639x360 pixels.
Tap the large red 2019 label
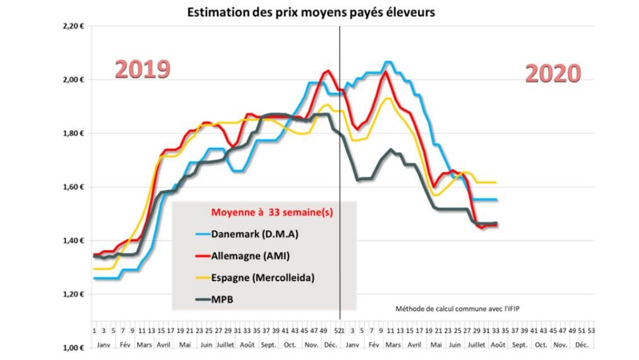pos(143,69)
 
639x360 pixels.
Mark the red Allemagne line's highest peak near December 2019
pos(326,71)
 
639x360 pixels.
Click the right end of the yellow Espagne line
pos(496,182)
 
